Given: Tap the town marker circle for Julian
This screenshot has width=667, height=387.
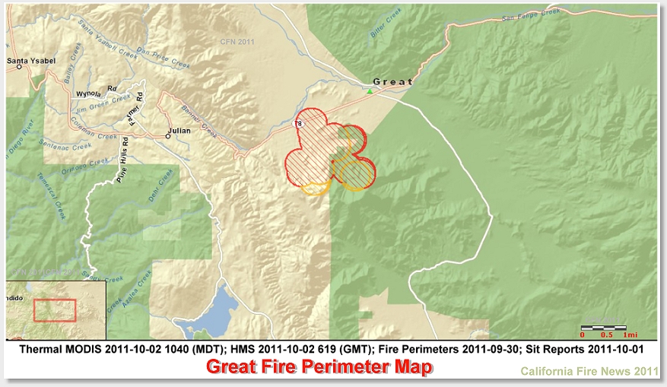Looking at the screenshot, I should [x=168, y=135].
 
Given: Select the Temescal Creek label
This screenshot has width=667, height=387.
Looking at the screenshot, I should [x=52, y=195].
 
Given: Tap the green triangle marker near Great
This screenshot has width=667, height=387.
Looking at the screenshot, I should [x=370, y=91].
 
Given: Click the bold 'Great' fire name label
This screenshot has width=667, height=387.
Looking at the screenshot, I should [x=392, y=81].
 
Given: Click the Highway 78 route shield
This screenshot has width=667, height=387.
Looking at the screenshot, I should [x=298, y=123].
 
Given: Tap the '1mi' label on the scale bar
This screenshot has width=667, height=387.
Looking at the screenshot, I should [x=630, y=335].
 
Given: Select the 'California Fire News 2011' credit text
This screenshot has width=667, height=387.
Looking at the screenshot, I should [x=589, y=372].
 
